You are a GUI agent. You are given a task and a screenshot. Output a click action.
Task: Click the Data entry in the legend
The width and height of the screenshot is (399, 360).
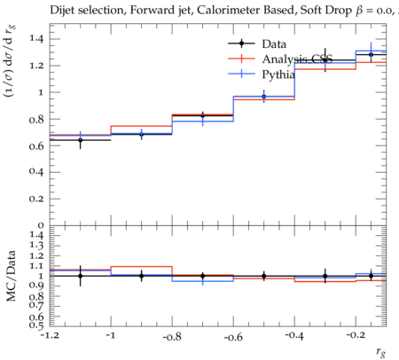[x=274, y=44]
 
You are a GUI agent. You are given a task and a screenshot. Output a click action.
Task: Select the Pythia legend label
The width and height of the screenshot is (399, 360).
[x=278, y=74]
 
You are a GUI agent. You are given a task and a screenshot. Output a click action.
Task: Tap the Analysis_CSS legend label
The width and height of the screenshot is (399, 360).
[x=297, y=59]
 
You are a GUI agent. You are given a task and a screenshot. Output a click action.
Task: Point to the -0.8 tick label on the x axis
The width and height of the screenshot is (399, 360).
[x=172, y=337]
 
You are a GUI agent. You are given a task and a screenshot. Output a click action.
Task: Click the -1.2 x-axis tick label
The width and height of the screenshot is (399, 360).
[x=50, y=336]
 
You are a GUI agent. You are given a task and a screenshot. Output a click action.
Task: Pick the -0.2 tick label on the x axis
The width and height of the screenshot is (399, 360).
[x=356, y=335]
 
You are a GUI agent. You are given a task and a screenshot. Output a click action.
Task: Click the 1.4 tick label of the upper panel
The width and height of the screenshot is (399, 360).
[x=36, y=38]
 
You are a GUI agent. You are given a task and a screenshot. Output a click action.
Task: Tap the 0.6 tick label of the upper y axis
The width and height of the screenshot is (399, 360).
[x=36, y=145]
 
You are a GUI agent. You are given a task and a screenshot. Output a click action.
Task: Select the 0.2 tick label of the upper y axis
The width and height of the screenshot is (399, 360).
[x=36, y=199]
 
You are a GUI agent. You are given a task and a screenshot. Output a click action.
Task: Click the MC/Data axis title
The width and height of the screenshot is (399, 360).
[x=11, y=276]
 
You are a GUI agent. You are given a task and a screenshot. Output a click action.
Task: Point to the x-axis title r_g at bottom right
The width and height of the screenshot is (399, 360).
[x=381, y=351]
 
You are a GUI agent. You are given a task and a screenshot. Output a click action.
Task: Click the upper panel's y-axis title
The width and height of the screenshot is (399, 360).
[x=10, y=61]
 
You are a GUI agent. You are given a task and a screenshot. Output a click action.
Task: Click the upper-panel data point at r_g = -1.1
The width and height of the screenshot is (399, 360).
[x=80, y=140]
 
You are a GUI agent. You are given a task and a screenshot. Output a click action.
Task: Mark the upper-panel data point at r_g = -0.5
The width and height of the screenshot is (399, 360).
[x=264, y=97]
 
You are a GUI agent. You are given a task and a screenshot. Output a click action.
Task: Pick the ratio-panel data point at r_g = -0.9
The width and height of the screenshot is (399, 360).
[x=142, y=276]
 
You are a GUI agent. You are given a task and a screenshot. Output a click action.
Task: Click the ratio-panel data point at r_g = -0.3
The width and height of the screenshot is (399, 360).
[x=325, y=276]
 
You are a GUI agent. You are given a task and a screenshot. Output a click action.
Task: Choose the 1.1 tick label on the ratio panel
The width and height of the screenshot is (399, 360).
[x=36, y=266]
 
